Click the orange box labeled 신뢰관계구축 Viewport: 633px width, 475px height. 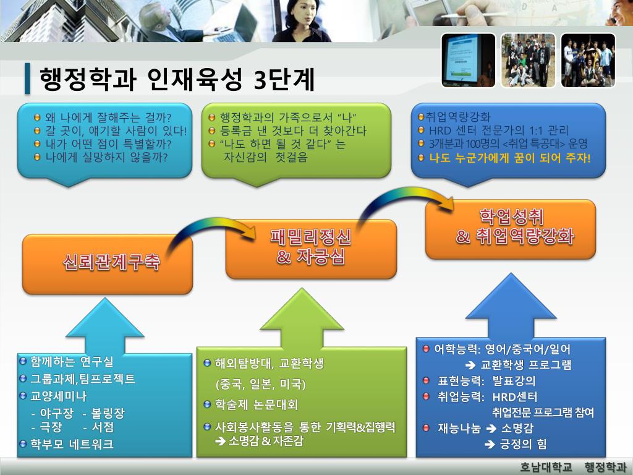(x=108, y=263)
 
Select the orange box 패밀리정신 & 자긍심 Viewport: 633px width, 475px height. (x=310, y=248)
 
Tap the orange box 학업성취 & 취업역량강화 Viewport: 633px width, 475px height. (x=510, y=228)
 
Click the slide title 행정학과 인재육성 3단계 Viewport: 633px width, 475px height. (x=177, y=79)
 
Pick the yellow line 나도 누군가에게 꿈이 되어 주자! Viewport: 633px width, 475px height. (x=510, y=157)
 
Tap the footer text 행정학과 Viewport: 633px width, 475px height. (x=600, y=466)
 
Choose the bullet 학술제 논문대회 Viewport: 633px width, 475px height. (x=257, y=405)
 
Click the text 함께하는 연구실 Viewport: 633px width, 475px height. (x=72, y=361)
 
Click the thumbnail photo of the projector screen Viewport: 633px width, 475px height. (x=468, y=61)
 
